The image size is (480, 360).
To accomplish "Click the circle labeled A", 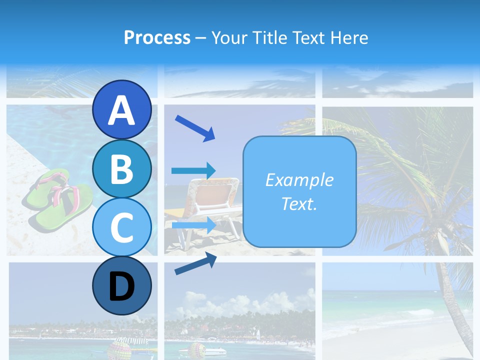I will [x=121, y=110].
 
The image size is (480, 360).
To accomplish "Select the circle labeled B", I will [x=121, y=168].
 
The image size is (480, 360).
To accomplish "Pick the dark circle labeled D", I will [x=121, y=285].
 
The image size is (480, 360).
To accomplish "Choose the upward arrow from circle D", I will [x=195, y=263].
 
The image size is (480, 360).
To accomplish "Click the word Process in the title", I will [x=157, y=37].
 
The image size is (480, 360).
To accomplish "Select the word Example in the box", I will [x=299, y=180].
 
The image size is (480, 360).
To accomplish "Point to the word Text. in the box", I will [x=299, y=203].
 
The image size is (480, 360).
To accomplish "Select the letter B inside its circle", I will [x=121, y=168].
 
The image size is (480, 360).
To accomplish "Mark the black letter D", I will [x=121, y=286].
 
